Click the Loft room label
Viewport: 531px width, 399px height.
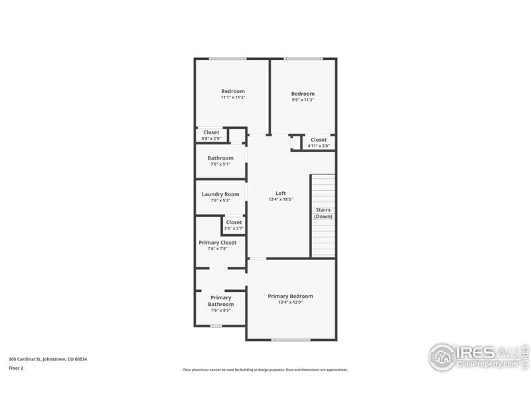tap(280, 193)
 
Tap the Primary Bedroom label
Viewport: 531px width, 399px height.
tap(290, 296)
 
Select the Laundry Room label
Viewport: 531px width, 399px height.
tap(220, 194)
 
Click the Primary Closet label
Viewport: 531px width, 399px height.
tap(218, 243)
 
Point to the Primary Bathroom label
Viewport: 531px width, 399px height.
tap(220, 301)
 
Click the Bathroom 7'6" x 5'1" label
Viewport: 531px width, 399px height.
tap(220, 158)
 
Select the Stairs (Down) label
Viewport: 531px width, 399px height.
tap(323, 213)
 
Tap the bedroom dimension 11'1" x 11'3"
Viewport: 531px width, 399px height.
tap(233, 98)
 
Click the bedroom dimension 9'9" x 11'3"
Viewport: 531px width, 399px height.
tap(303, 100)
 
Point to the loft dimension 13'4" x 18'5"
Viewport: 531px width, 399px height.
tap(280, 199)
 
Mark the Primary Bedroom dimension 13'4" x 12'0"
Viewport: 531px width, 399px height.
tap(290, 303)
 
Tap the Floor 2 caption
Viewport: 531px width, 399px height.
tap(16, 367)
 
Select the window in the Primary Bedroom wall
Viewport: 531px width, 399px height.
tap(291, 340)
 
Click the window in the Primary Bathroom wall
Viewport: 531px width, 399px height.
tap(216, 326)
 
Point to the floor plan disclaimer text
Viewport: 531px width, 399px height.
tap(265, 370)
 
